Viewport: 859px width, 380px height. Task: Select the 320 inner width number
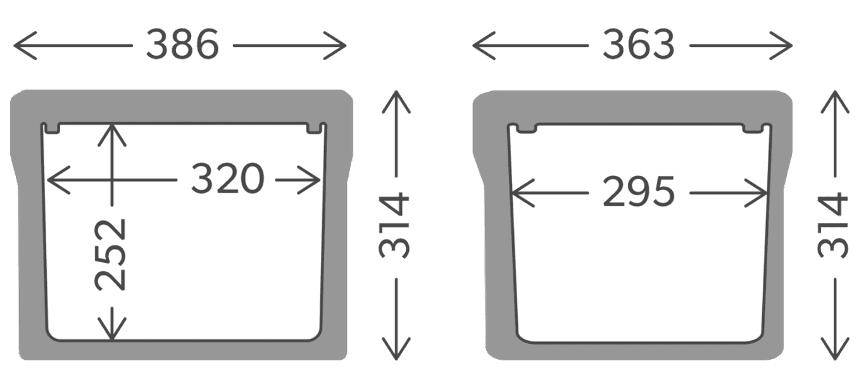tap(227, 179)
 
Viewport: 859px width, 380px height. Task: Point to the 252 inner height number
tap(111, 255)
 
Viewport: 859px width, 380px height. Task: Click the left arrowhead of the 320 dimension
tap(53, 180)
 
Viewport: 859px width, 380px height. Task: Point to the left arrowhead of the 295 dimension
tap(516, 192)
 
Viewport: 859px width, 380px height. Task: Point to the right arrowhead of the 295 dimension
tap(763, 192)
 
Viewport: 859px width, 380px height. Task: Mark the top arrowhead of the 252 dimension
tap(112, 130)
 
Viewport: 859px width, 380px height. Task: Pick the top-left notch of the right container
tap(525, 129)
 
